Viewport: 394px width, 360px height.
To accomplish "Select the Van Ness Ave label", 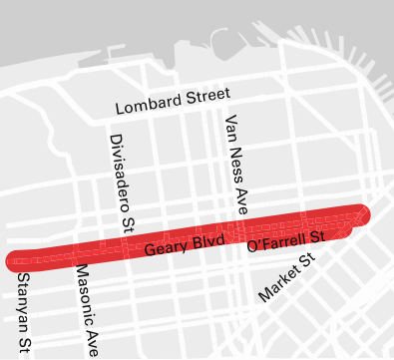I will [x=236, y=166].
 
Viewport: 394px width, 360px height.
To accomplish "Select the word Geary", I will [x=165, y=248].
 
